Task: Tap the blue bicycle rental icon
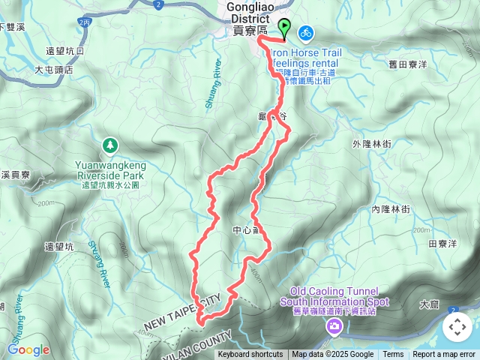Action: (x=305, y=33)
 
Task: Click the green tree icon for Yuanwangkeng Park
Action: (x=110, y=143)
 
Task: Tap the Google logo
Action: (x=28, y=349)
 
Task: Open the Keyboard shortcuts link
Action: (x=250, y=355)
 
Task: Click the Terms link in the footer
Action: (x=393, y=355)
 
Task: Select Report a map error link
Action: (x=444, y=355)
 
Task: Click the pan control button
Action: (x=457, y=326)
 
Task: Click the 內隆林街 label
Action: (x=391, y=210)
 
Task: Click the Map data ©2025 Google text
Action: (x=332, y=355)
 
